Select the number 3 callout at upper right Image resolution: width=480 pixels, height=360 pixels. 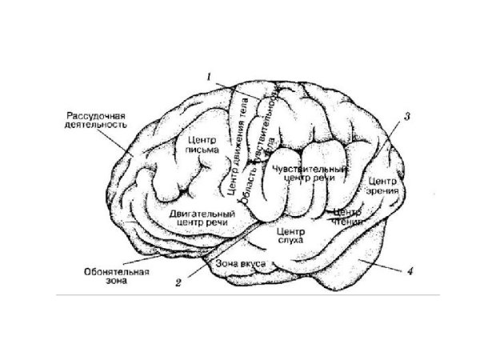[x=406, y=117]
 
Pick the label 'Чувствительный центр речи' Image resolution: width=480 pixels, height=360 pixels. [x=309, y=174]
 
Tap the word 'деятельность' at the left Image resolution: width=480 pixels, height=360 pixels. [x=93, y=126]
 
